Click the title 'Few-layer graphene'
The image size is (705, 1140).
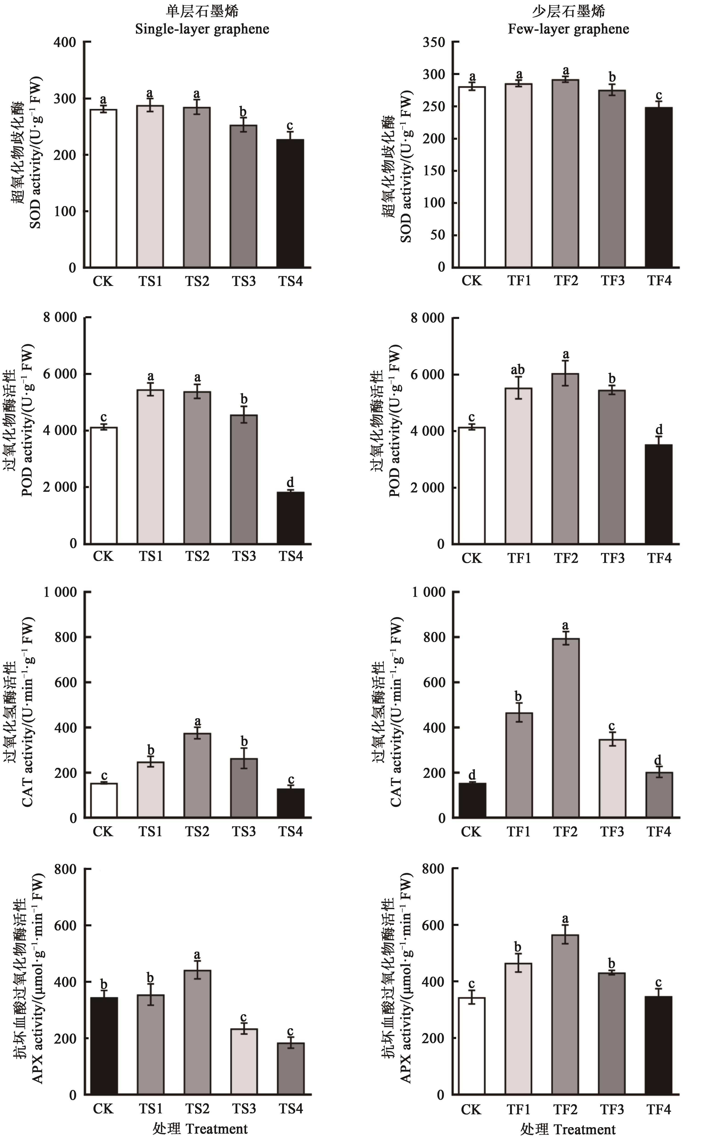pos(568,29)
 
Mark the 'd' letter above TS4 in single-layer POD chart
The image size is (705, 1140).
pos(290,482)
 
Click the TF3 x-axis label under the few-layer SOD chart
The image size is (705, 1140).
pos(612,281)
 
